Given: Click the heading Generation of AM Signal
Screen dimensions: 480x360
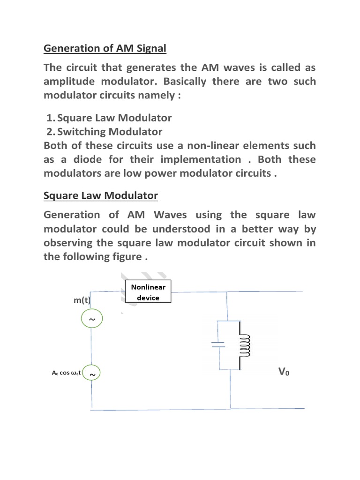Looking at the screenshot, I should (105, 48).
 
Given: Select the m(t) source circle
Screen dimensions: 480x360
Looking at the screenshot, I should (92, 320).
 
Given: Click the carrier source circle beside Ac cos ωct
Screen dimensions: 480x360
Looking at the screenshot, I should (92, 374).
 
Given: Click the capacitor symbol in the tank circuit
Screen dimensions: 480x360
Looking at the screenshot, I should (218, 345).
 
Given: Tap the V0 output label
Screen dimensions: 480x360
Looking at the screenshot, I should (284, 373).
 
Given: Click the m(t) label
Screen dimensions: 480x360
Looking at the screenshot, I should (82, 300).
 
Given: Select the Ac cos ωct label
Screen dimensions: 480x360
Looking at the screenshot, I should (66, 373).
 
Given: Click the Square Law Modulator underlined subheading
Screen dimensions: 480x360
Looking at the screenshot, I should (101, 195).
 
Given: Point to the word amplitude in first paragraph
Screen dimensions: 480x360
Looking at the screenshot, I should (68, 82).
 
